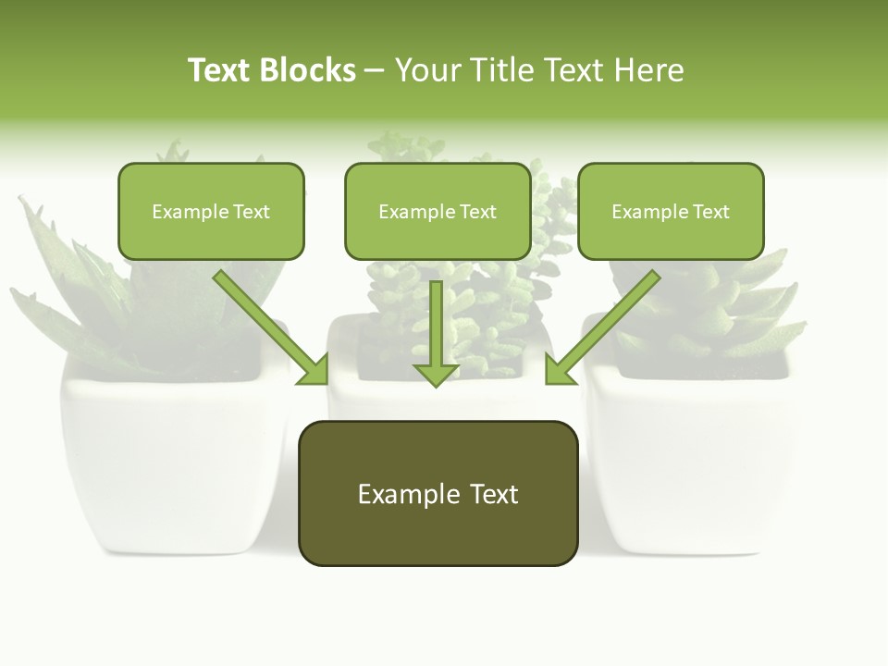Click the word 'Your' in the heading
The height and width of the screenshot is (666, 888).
coord(425,70)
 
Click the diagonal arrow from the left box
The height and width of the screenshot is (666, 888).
coord(268,326)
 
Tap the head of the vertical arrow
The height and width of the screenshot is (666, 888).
coord(436,374)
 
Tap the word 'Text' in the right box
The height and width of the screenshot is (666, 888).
coord(710,212)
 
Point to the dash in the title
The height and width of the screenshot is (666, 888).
coord(375,71)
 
